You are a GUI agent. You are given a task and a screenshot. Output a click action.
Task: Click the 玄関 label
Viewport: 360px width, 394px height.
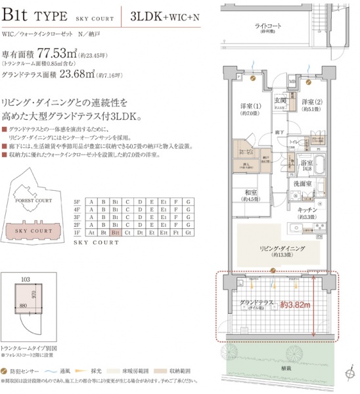click(281, 101)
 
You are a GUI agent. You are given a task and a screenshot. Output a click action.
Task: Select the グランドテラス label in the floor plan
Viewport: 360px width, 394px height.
click(256, 303)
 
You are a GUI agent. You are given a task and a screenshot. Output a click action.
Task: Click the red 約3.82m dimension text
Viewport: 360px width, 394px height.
click(294, 305)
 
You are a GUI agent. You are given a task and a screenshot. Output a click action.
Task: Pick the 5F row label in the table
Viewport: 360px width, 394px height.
click(77, 201)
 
